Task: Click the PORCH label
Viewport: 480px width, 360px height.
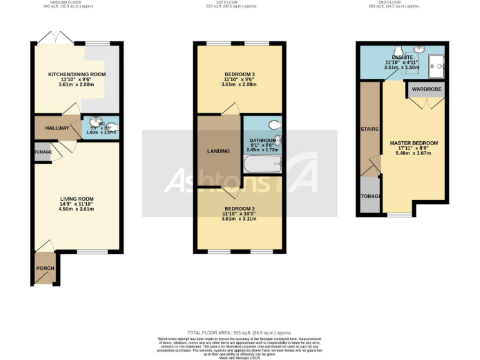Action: coord(45,269)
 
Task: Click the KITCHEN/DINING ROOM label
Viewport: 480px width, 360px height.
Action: coord(77,74)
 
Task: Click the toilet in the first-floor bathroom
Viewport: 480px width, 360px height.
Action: coord(274,124)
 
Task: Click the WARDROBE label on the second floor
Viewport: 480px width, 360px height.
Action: coord(426,90)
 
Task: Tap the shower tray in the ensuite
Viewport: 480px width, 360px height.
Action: coord(436,64)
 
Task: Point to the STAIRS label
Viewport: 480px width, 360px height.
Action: coord(370,131)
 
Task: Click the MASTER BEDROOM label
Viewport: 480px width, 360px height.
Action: coord(414,143)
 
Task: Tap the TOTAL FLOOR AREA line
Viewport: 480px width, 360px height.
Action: coord(240,332)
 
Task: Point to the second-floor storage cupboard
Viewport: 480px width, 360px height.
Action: coord(370,196)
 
